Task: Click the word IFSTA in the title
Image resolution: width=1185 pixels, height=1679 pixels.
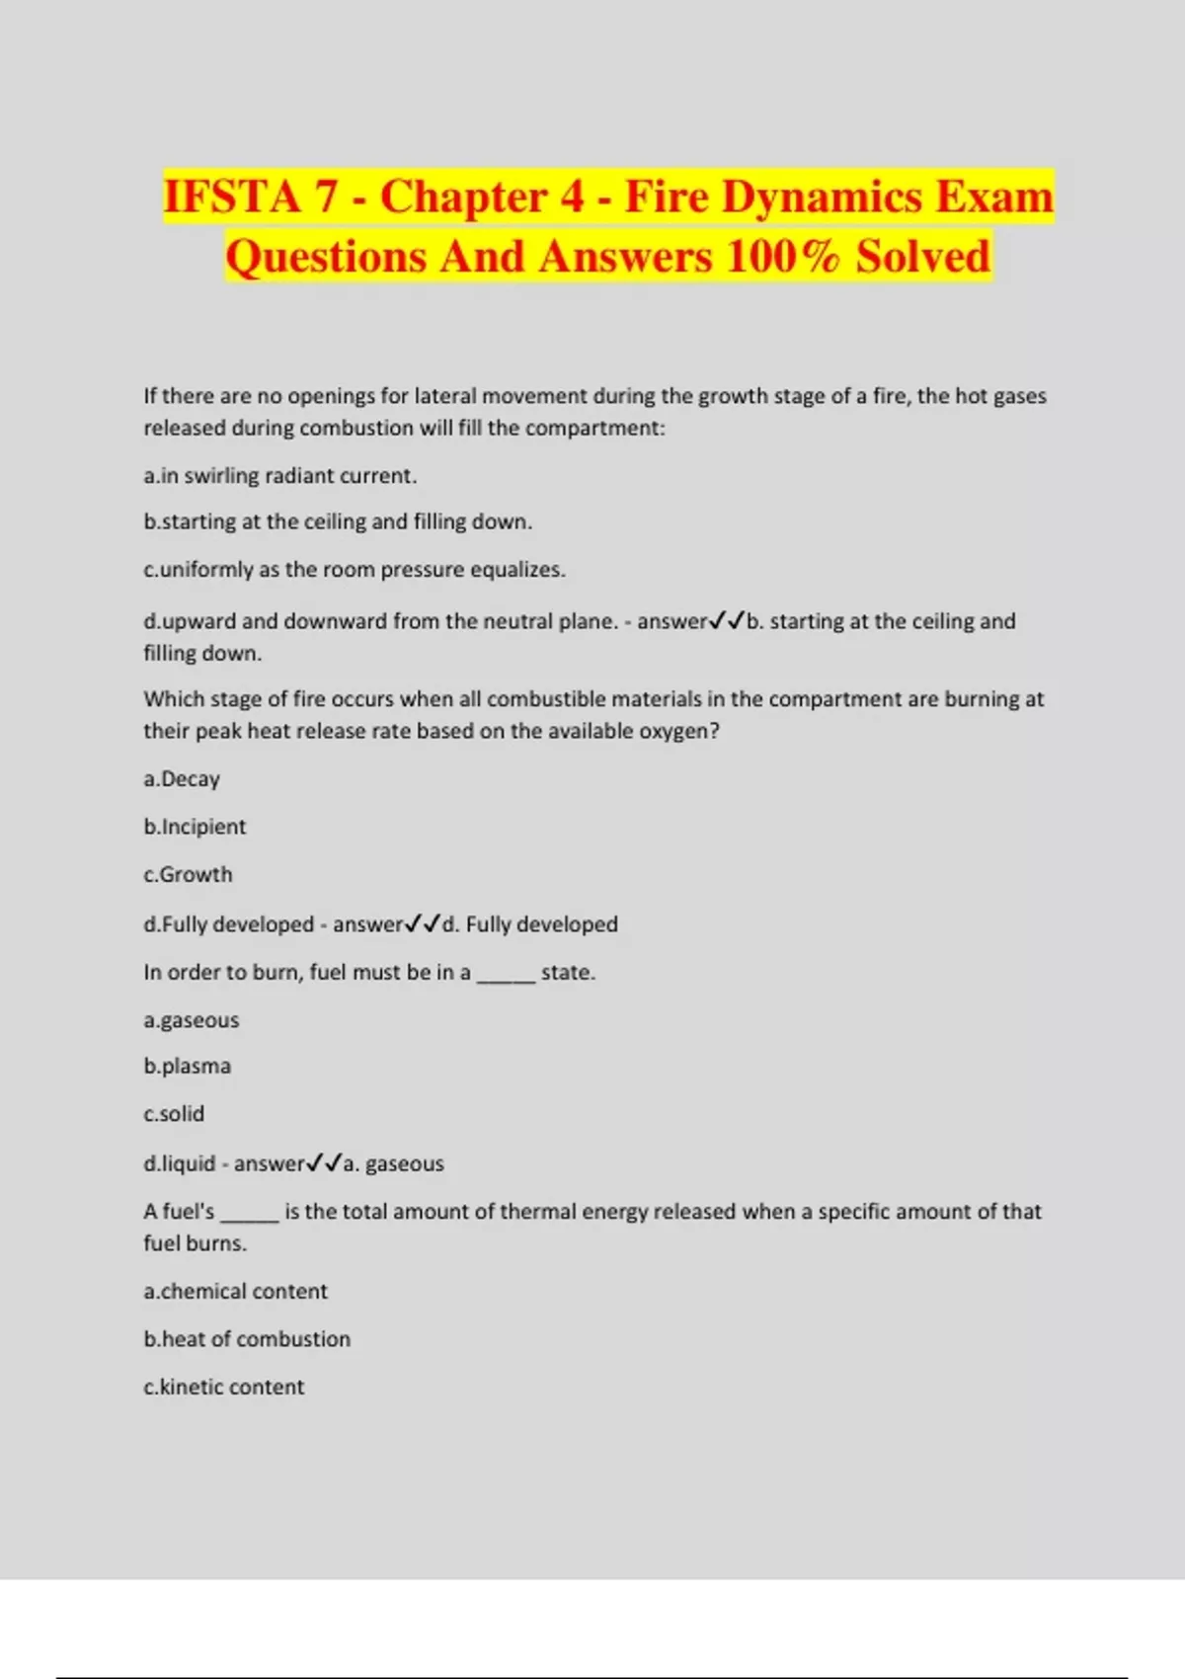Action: pyautogui.click(x=232, y=197)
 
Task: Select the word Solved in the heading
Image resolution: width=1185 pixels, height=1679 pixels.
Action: pyautogui.click(x=922, y=257)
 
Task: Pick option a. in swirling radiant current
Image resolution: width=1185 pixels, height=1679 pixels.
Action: pyautogui.click(x=280, y=476)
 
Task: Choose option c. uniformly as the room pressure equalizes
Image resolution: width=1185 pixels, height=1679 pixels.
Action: pyautogui.click(x=355, y=570)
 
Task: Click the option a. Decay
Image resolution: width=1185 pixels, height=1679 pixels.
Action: pyautogui.click(x=182, y=779)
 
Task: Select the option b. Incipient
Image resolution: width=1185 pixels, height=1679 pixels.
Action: pyautogui.click(x=195, y=827)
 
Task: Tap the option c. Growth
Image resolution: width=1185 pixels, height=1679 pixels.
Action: pyautogui.click(x=188, y=875)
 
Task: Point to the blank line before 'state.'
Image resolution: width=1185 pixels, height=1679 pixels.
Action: pyautogui.click(x=506, y=974)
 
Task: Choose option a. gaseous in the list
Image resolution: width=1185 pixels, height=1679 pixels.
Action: pyautogui.click(x=192, y=1020)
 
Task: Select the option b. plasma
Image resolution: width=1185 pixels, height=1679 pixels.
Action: pyautogui.click(x=188, y=1067)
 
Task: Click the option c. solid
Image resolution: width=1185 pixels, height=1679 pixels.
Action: pyautogui.click(x=174, y=1114)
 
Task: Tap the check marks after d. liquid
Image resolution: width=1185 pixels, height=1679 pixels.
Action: pyautogui.click(x=324, y=1163)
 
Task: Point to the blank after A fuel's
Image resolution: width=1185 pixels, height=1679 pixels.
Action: pyautogui.click(x=249, y=1213)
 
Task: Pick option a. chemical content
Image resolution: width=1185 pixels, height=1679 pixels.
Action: pyautogui.click(x=235, y=1292)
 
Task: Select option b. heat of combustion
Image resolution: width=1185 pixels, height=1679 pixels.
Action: pyautogui.click(x=247, y=1339)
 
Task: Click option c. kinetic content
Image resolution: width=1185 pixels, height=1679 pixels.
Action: pyautogui.click(x=224, y=1387)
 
